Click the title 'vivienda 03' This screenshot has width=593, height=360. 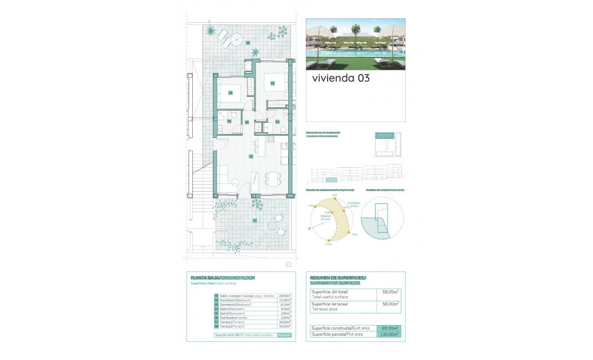click(340, 78)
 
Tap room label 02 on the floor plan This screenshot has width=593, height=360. click(273, 83)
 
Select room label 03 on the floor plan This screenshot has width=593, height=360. click(230, 92)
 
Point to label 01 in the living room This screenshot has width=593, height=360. click(251, 157)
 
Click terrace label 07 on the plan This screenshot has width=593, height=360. click(254, 220)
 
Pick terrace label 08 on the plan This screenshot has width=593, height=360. click(248, 43)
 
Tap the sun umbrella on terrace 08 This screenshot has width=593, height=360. click(235, 39)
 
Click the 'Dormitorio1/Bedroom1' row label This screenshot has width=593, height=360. click(236, 300)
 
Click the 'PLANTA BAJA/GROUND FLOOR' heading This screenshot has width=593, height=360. click(222, 277)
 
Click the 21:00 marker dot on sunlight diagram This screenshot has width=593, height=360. click(328, 240)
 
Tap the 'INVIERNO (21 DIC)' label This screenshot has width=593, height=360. click(354, 205)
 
